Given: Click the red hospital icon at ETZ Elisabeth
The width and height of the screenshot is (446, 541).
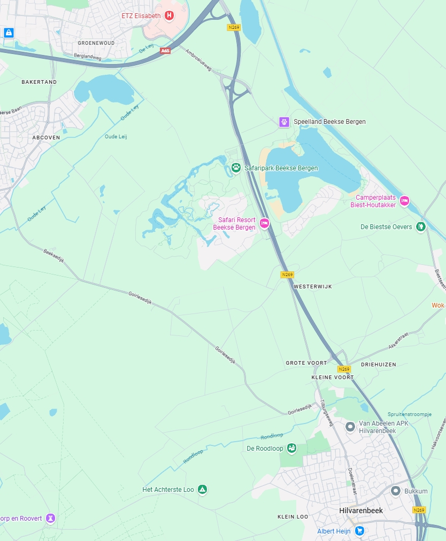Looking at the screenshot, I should click(x=170, y=16).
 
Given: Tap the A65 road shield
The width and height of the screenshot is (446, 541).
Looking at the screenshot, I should click(x=165, y=50).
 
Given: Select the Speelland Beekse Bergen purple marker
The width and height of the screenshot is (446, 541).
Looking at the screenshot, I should click(x=284, y=122).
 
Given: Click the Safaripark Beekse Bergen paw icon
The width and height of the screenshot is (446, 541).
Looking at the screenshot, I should click(x=236, y=168).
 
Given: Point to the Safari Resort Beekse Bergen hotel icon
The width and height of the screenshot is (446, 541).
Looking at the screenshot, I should click(x=264, y=223).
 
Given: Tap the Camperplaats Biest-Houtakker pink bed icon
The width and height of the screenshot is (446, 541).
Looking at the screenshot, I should click(x=404, y=200).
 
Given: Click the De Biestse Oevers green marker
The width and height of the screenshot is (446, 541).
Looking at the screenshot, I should click(x=421, y=227).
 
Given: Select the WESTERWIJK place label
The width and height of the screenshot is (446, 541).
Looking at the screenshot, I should click(x=313, y=287).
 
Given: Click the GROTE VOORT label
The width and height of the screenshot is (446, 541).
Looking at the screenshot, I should click(x=306, y=363).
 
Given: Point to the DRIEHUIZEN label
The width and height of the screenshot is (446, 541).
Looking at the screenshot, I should click(x=379, y=364).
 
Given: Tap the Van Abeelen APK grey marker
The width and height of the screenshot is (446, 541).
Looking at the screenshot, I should click(x=350, y=427).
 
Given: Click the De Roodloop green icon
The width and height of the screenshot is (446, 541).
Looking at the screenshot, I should click(x=291, y=448).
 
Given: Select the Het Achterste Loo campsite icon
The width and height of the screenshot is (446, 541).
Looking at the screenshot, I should click(x=202, y=489).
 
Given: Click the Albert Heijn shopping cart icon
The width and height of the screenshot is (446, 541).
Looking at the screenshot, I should click(x=360, y=531).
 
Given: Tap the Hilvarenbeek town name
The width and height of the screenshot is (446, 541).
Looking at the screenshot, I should click(x=361, y=511).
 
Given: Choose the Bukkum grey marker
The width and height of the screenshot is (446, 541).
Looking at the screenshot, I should click(x=396, y=491).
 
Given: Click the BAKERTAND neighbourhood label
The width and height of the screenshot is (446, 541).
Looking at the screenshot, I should click(x=39, y=82).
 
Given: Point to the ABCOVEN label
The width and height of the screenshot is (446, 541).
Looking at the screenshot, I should click(x=46, y=137).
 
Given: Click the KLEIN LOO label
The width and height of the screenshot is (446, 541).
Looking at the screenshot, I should click(x=293, y=517).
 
